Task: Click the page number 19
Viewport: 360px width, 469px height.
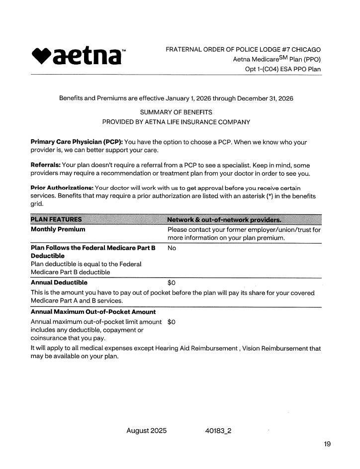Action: [327, 444]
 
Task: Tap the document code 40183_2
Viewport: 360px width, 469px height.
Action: [218, 431]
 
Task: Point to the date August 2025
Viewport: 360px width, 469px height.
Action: [146, 431]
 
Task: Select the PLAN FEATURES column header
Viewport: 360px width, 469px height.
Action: [57, 220]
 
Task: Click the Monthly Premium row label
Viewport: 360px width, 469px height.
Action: [58, 230]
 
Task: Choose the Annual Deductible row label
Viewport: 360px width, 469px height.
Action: [59, 282]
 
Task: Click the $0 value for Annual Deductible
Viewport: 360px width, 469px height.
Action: [172, 282]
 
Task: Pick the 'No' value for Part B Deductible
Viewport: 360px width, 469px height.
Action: [172, 248]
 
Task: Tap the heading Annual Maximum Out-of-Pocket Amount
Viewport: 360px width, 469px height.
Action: [93, 312]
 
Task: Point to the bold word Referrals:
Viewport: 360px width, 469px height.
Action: [46, 165]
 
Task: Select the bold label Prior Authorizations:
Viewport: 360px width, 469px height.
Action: [62, 188]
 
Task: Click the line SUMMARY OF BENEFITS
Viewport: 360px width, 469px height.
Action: [176, 112]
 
